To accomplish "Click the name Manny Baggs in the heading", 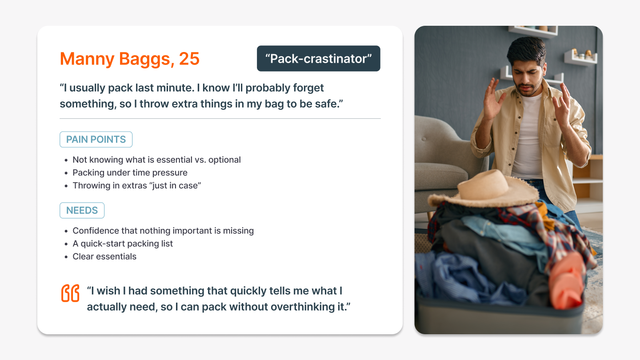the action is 116,59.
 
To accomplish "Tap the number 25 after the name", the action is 189,59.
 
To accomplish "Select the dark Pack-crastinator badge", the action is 319,58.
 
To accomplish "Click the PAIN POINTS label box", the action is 96,140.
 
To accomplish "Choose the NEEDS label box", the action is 82,210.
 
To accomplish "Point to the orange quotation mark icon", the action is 70,293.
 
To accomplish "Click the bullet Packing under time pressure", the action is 130,172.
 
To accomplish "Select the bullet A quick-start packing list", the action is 123,244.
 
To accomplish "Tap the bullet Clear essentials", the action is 104,256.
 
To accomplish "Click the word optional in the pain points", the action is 224,160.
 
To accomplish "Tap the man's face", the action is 527,77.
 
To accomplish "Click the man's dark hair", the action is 527,50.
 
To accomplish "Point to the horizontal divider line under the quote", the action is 220,118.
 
